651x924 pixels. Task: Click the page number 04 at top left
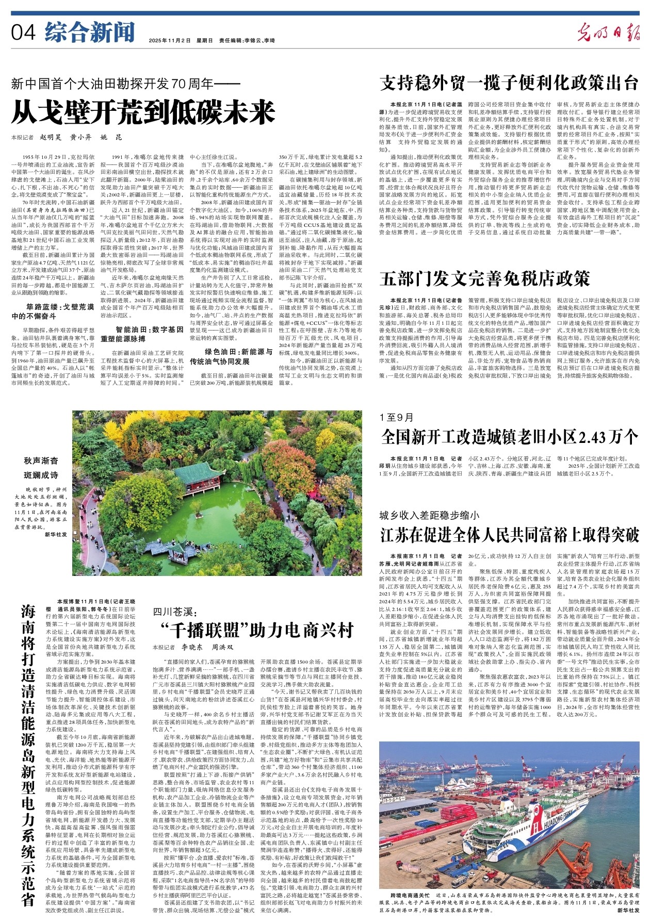point(23,33)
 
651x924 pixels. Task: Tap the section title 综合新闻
point(90,32)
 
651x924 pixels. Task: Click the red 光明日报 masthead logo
point(608,33)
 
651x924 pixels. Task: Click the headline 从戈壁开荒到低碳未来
point(143,112)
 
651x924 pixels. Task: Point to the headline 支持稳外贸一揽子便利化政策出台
point(509,82)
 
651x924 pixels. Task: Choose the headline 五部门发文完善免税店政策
point(485,278)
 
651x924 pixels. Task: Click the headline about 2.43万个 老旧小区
point(509,437)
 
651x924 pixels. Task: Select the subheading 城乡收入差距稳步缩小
point(429,515)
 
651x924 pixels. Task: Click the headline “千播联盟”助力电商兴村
point(256,630)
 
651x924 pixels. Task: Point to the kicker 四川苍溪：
point(175,612)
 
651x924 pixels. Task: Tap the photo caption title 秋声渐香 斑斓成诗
point(41,467)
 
